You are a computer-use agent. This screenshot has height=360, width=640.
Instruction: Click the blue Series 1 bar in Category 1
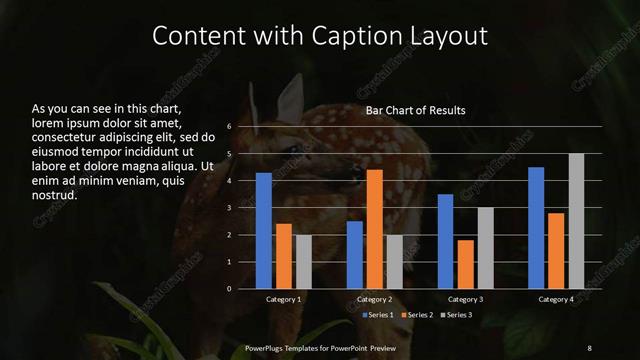264,231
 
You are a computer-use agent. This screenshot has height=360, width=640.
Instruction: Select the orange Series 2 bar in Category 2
375,229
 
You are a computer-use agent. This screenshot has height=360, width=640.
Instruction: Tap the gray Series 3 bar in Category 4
576,221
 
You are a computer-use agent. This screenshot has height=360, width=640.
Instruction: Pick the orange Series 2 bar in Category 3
466,264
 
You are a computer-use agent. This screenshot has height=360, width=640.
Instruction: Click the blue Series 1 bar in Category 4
536,228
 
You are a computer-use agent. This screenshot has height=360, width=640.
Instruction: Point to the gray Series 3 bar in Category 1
303,262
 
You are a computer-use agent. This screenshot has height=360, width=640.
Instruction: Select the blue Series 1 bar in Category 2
355,255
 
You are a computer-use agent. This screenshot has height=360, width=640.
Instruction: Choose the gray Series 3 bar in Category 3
485,248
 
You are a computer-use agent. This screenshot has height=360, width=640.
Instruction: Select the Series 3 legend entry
457,315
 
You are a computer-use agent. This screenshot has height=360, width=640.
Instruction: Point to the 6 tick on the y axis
229,127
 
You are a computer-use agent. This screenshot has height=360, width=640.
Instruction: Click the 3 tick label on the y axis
229,208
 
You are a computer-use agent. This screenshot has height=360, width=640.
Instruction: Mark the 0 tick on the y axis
229,289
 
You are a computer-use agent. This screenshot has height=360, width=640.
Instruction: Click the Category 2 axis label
374,300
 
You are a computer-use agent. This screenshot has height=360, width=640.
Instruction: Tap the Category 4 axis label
555,300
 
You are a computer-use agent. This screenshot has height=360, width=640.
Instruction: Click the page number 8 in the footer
589,347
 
